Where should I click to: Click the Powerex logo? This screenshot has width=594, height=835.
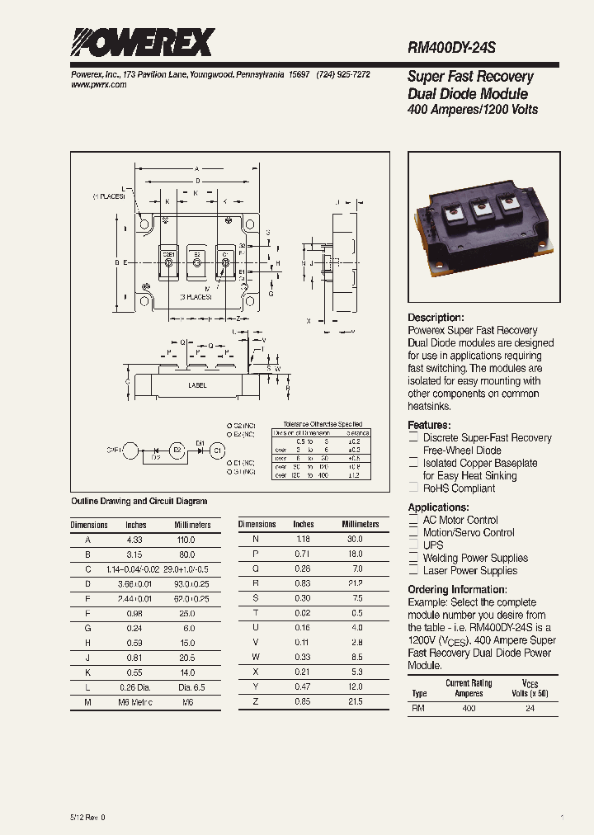(x=143, y=41)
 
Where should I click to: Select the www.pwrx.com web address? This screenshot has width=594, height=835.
(x=94, y=85)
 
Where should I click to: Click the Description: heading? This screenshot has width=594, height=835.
(x=436, y=318)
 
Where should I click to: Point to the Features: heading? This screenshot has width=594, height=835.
(x=429, y=425)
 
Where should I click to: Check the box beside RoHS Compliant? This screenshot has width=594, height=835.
(x=414, y=488)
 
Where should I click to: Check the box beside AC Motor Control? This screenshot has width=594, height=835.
(x=414, y=521)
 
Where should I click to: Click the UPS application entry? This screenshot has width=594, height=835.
(x=433, y=545)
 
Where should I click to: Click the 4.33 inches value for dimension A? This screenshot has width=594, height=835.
(x=134, y=540)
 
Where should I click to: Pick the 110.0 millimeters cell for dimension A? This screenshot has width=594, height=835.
(x=186, y=540)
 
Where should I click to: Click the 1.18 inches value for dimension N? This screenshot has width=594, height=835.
(x=303, y=539)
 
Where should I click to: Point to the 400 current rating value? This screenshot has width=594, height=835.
(x=469, y=709)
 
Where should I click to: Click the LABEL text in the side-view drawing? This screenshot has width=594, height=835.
(x=197, y=385)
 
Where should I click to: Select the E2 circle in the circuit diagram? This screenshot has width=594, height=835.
(x=176, y=450)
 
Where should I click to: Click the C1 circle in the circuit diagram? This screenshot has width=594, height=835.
(x=218, y=450)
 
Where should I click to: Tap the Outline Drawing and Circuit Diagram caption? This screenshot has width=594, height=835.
(x=139, y=501)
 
